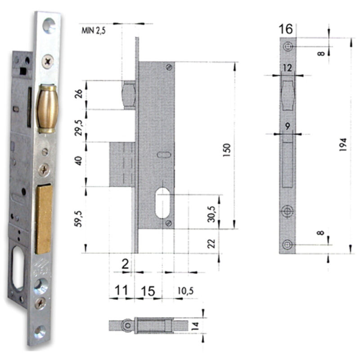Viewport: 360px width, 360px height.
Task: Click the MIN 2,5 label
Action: point(94,31)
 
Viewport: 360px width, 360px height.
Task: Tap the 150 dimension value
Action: point(226,150)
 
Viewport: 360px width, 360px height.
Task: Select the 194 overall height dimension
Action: point(343,144)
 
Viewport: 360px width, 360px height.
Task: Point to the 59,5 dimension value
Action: point(78,219)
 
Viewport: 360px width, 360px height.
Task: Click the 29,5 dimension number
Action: point(78,128)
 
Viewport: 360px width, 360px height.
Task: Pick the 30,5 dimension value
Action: point(211,214)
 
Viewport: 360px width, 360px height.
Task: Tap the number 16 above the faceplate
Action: point(286,29)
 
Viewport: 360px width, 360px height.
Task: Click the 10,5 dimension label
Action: point(185,291)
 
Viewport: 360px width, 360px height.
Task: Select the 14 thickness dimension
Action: point(195,326)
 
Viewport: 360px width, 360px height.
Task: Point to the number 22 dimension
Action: point(211,244)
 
